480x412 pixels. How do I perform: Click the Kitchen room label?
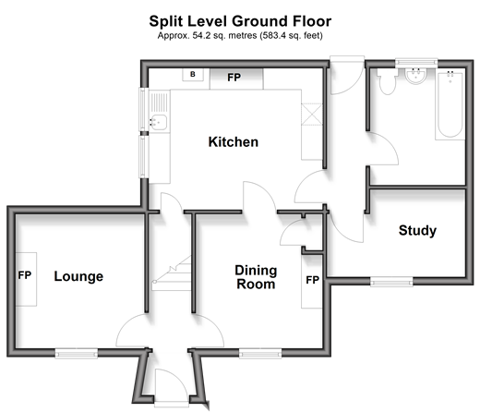(x=234, y=142)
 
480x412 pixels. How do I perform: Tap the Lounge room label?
(x=78, y=276)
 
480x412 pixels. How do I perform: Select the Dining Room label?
(x=256, y=277)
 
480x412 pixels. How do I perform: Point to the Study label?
(x=417, y=230)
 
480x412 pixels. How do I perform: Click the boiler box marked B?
(x=193, y=74)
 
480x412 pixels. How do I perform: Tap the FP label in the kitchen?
(x=234, y=78)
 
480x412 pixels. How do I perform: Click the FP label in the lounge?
(x=25, y=275)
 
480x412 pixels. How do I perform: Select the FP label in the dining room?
(x=312, y=280)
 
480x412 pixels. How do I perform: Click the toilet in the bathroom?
(x=387, y=81)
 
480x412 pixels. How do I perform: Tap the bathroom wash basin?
(x=415, y=76)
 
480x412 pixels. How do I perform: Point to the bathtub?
(x=450, y=104)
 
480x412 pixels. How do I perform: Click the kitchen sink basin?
(x=159, y=122)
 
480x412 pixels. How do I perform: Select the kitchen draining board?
(x=160, y=103)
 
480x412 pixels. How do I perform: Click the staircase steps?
(x=172, y=273)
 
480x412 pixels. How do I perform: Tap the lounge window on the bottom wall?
(x=77, y=353)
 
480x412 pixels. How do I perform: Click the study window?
(x=391, y=282)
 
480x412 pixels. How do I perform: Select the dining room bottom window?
(x=260, y=353)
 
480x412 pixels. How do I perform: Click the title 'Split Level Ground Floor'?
(x=240, y=21)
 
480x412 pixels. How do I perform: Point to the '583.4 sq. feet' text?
(x=291, y=36)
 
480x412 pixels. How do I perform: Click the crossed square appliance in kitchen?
(x=312, y=115)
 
